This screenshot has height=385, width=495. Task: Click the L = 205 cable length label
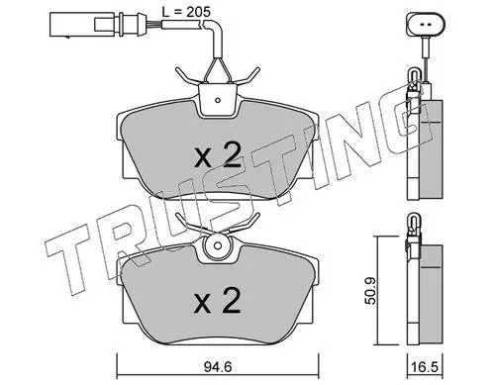[x=186, y=12]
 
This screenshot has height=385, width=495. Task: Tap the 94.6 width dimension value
[x=218, y=367]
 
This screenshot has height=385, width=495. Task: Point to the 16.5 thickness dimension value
[x=426, y=367]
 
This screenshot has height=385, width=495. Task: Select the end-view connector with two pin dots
[x=426, y=24]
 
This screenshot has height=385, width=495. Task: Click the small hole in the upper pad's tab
[x=218, y=100]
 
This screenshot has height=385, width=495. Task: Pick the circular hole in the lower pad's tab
[x=217, y=245]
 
